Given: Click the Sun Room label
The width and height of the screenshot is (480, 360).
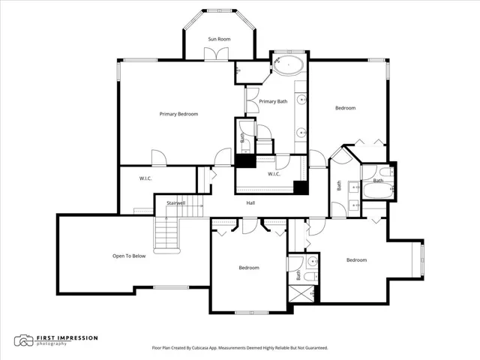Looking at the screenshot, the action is tap(219, 39).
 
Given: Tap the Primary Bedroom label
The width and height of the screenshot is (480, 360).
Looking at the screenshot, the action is tap(178, 114).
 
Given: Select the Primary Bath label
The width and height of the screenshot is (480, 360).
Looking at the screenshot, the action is tap(273, 101).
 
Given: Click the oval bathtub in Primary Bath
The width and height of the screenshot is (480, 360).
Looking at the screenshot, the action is tap(288, 65).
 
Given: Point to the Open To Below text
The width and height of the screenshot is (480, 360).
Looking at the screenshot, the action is tap(129, 256).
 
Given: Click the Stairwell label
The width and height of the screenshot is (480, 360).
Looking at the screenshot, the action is tap(176, 203).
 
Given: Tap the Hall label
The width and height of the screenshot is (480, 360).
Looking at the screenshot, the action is tap(250, 203).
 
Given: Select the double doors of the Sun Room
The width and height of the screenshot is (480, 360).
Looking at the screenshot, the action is tap(217, 54).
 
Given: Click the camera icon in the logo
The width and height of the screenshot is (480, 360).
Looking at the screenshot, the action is tap(23, 340).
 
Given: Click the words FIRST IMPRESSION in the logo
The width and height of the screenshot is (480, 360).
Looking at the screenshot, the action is tap(67, 338).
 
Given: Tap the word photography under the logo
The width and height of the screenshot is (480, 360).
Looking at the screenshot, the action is tap(52, 343).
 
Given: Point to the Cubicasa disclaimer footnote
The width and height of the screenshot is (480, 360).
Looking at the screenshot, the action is tap(240, 348).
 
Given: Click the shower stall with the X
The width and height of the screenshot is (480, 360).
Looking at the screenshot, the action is tap(301, 294).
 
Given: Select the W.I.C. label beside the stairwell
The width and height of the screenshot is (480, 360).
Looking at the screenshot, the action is tap(145, 178).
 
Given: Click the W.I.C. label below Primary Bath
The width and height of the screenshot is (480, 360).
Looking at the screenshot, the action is tap(274, 174).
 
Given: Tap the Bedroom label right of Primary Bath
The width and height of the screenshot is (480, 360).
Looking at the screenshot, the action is tap(346, 108).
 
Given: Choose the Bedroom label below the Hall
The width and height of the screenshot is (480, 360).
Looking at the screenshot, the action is tap(249, 268).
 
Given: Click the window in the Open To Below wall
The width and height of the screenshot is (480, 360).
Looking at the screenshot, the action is tap(171, 287).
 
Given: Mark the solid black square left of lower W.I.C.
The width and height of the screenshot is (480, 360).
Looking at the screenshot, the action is tap(245, 161).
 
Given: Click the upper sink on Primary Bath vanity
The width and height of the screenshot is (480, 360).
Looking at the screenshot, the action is tap(301, 100).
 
